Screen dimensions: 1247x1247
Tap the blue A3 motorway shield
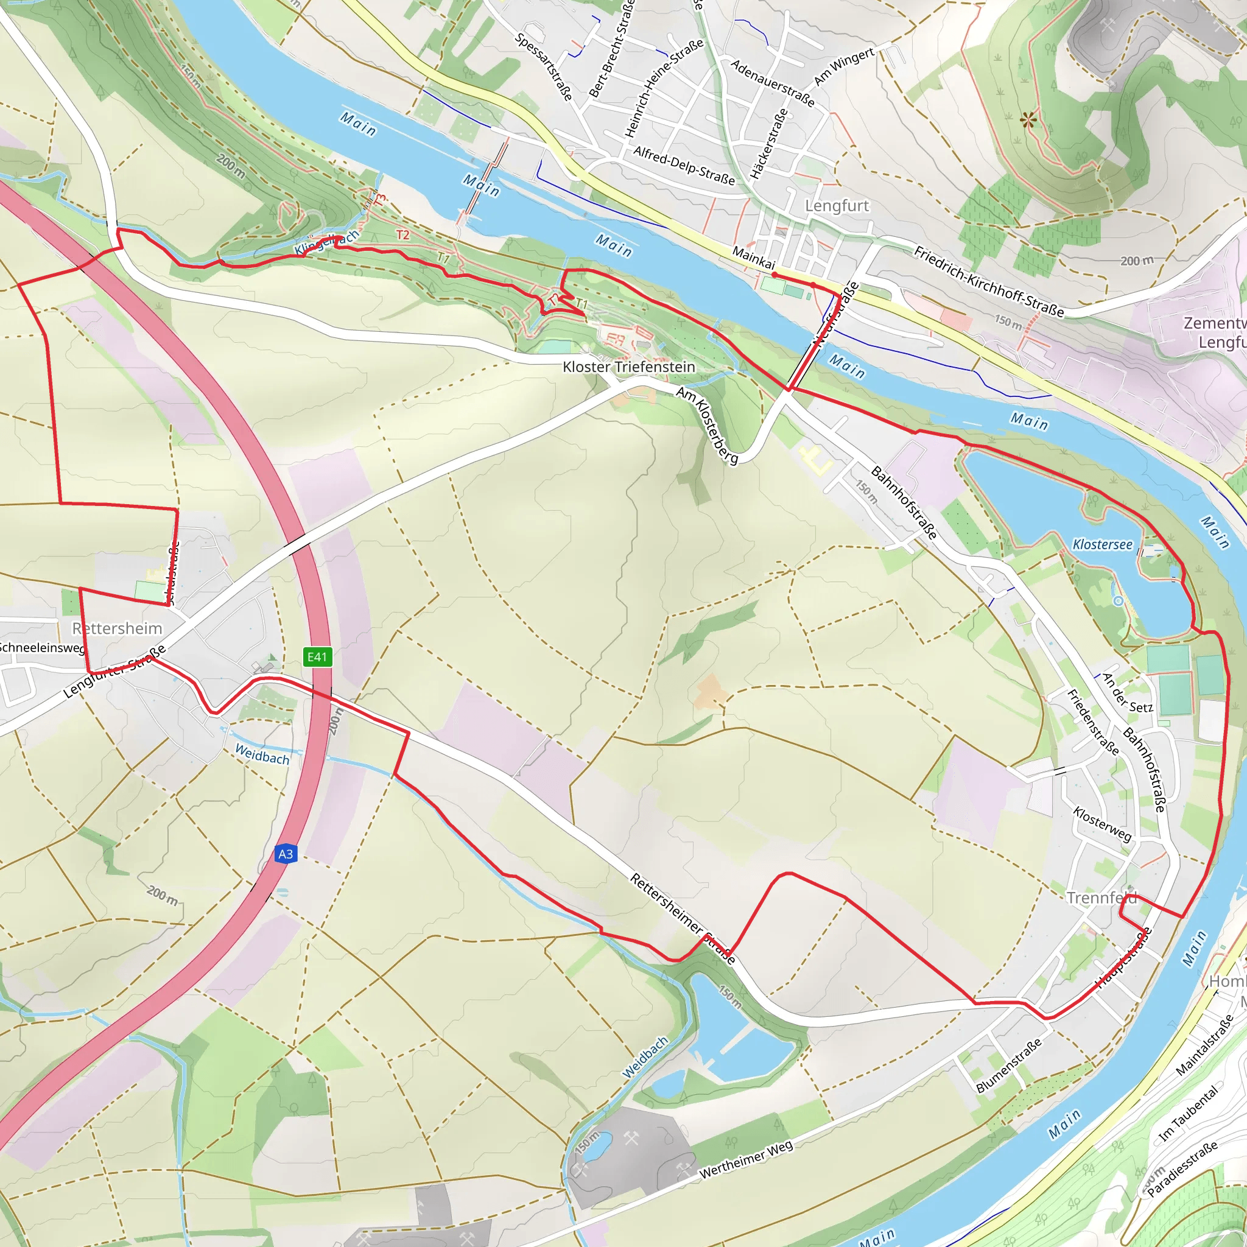click(286, 854)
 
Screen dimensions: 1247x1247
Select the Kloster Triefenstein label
click(628, 367)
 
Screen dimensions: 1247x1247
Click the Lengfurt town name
click(837, 206)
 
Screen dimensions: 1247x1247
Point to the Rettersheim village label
click(117, 628)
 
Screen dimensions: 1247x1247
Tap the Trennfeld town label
click(1101, 898)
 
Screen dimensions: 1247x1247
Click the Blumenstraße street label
click(1008, 1066)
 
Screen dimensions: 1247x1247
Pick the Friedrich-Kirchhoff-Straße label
click(988, 281)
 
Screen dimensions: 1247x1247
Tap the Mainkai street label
click(753, 258)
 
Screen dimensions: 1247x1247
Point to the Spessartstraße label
click(544, 66)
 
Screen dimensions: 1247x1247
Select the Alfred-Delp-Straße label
click(684, 165)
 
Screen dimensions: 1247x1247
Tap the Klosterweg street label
click(1101, 824)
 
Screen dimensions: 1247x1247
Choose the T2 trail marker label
click(402, 235)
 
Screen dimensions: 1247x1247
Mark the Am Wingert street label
click(843, 66)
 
